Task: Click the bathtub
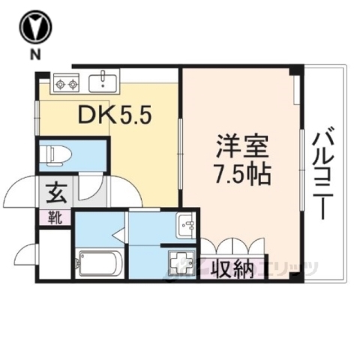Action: pyautogui.click(x=97, y=262)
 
